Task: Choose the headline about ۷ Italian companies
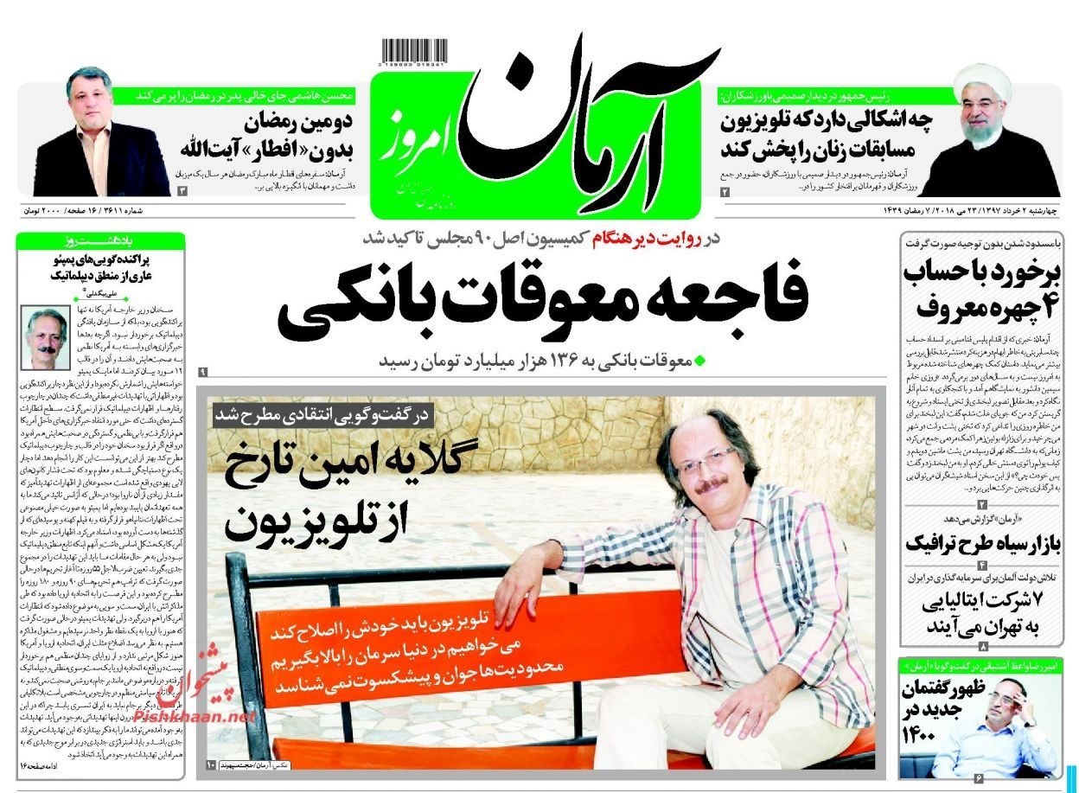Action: click(x=980, y=612)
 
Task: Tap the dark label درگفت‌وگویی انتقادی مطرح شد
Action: click(x=324, y=416)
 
